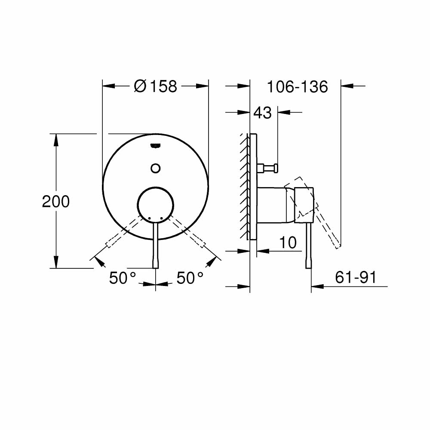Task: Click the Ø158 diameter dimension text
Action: pos(155,86)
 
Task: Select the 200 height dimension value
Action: pos(56,201)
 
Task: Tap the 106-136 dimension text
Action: pos(298,87)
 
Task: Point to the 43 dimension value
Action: pos(262,113)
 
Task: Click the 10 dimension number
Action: pos(288,243)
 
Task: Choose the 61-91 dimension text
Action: pos(356,278)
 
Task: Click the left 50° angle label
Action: pos(122,278)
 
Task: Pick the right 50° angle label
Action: pos(190,278)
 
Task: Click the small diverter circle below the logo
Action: pos(156,168)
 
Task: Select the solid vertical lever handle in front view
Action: pos(156,245)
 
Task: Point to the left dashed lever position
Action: pos(123,233)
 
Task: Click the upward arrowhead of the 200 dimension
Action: pos(56,140)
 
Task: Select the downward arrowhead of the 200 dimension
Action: pos(56,262)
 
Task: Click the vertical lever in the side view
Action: pos(308,245)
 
